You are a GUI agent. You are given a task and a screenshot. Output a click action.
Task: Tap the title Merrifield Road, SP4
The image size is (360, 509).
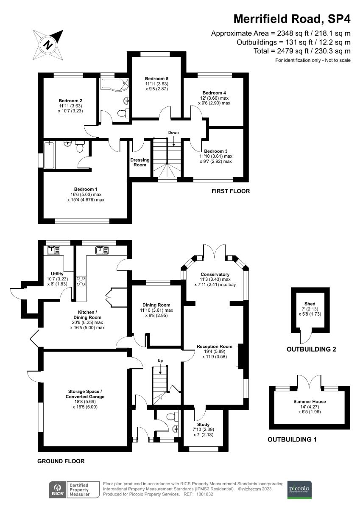(x=292, y=19)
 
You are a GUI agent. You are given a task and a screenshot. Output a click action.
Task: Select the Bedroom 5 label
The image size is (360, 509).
(x=156, y=79)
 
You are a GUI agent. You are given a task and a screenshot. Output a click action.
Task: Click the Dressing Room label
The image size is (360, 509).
(x=140, y=162)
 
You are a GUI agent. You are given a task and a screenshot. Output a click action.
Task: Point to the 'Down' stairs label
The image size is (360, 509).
(x=173, y=133)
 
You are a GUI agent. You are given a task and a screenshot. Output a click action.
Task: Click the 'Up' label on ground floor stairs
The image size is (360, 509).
(x=160, y=361)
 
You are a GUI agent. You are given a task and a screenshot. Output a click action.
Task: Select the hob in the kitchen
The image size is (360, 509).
(x=81, y=281)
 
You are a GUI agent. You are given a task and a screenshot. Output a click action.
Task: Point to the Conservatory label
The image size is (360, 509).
(x=215, y=274)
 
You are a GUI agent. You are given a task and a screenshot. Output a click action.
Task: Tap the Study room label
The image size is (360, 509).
(x=203, y=424)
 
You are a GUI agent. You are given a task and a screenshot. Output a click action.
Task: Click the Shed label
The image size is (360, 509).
(x=310, y=304)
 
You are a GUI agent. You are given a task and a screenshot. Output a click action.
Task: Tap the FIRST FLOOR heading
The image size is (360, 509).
(x=231, y=191)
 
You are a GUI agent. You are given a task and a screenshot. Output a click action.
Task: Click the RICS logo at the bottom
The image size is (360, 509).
(x=56, y=489)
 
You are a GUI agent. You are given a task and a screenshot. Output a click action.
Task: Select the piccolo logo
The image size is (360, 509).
(x=299, y=489)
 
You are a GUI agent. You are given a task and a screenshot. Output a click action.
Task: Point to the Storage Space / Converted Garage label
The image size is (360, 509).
(x=87, y=394)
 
